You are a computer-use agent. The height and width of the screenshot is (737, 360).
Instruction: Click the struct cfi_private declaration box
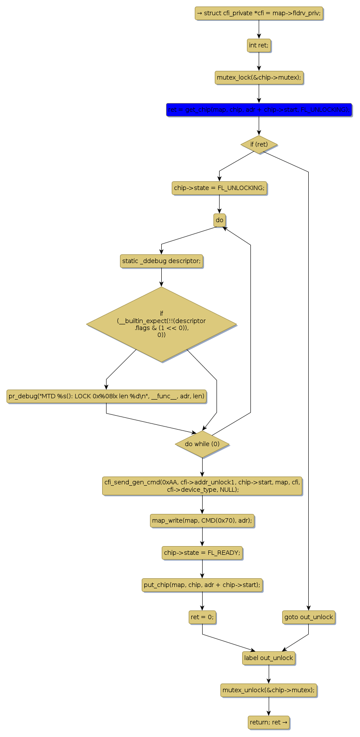click(x=259, y=13)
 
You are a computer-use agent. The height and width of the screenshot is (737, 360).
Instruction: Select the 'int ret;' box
click(x=259, y=45)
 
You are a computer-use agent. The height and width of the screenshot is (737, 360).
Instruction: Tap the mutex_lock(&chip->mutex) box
click(x=259, y=77)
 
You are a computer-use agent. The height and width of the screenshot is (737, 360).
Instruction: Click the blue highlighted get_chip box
click(x=259, y=110)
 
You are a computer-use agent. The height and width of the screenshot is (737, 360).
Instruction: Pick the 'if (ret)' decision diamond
click(x=259, y=144)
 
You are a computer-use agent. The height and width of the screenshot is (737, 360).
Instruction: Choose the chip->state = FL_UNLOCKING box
click(x=219, y=188)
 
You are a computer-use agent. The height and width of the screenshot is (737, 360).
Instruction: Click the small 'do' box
click(x=220, y=220)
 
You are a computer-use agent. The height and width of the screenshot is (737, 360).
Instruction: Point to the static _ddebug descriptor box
click(x=161, y=261)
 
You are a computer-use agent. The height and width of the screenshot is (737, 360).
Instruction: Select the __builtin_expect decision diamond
click(x=161, y=324)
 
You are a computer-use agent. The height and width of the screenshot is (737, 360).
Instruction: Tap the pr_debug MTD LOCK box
click(x=107, y=396)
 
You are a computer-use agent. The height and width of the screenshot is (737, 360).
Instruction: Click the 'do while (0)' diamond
click(x=202, y=444)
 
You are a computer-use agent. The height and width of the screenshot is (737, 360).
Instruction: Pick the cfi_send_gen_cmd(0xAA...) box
click(x=202, y=486)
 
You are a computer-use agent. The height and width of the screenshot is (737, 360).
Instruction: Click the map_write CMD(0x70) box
click(x=202, y=520)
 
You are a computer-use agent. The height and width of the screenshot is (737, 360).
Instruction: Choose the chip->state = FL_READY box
click(x=202, y=553)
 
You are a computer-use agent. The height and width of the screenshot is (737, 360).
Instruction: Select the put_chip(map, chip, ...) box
click(x=202, y=585)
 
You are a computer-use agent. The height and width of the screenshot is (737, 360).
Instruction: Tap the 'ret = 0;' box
click(x=202, y=617)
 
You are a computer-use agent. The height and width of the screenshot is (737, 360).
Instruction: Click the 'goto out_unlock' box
click(x=308, y=617)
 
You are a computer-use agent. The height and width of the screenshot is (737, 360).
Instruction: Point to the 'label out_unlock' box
click(x=269, y=658)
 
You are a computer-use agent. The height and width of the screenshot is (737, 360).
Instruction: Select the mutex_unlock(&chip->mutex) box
click(x=269, y=690)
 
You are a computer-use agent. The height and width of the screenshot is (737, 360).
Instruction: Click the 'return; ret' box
click(x=269, y=722)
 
